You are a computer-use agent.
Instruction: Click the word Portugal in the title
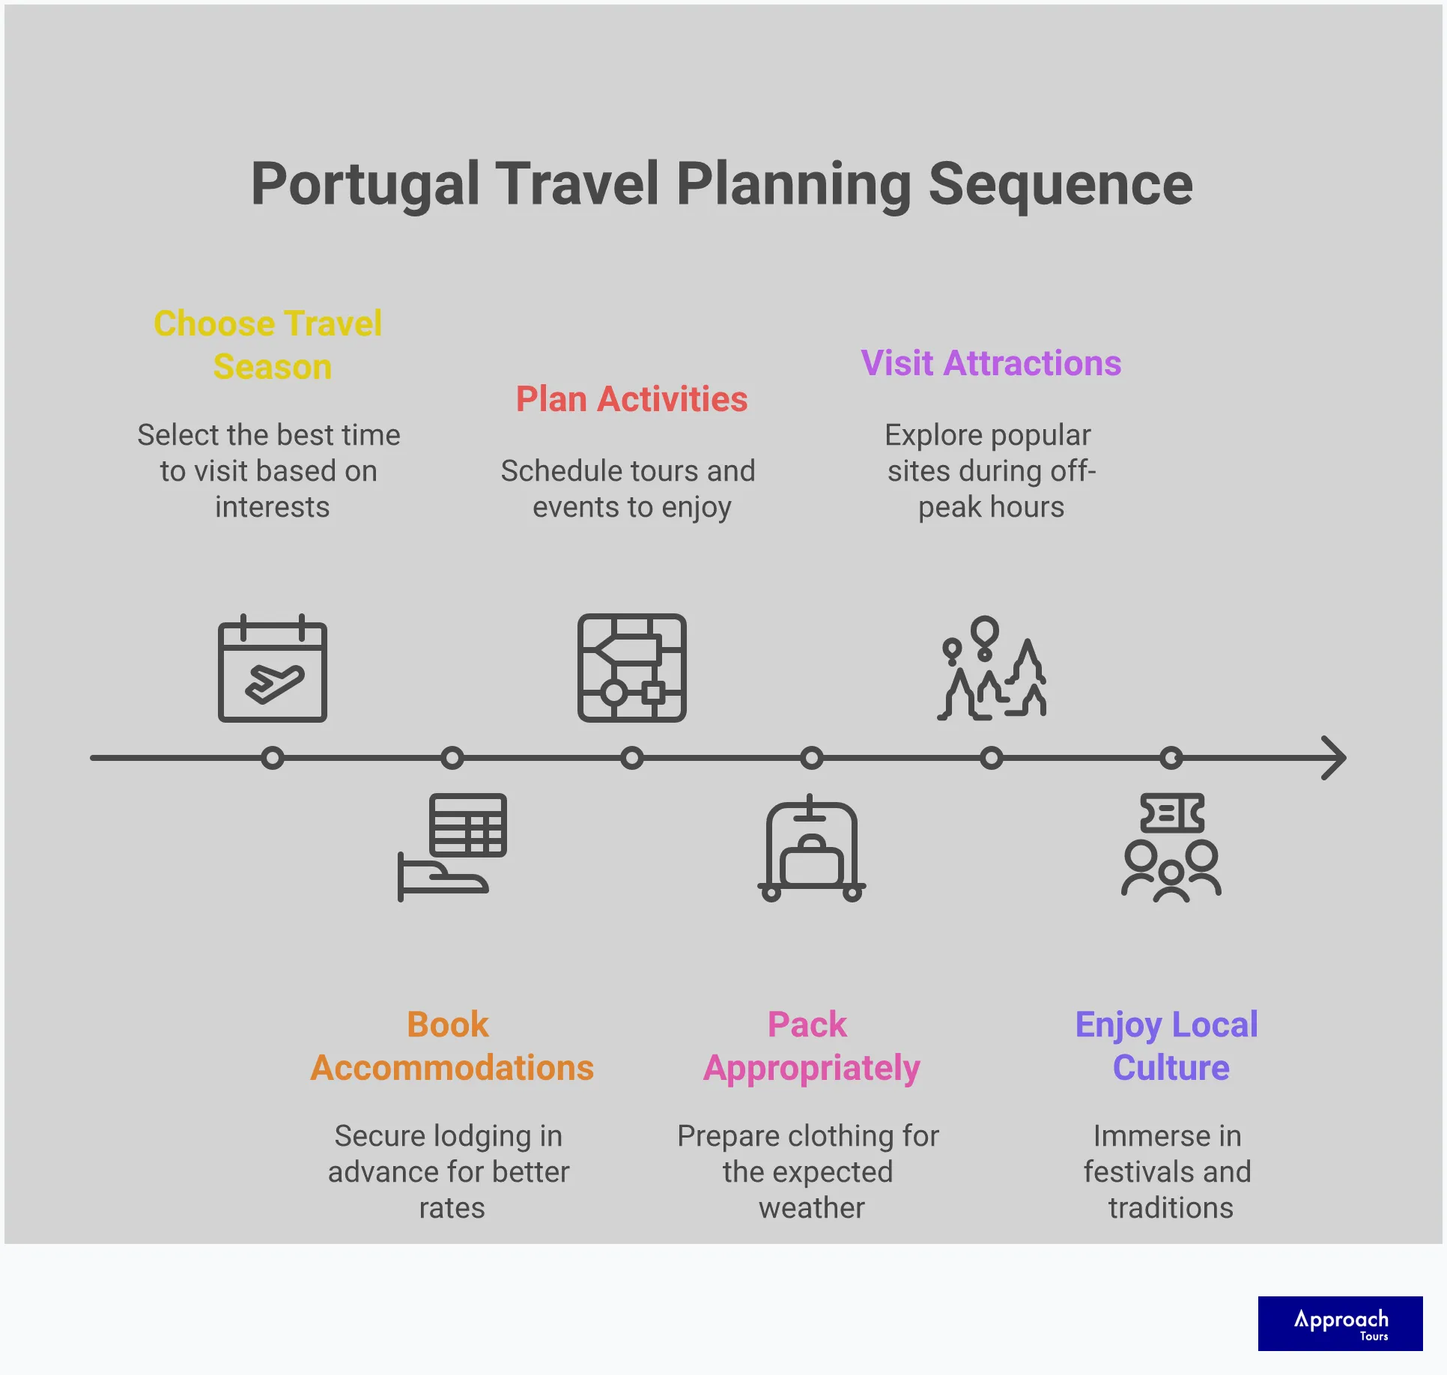point(365,184)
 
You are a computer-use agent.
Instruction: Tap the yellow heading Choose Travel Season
point(268,344)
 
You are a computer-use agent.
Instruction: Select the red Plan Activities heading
point(631,399)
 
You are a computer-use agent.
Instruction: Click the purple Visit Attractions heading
point(990,363)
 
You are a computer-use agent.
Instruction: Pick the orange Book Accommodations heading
point(452,1046)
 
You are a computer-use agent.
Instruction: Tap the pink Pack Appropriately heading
point(811,1046)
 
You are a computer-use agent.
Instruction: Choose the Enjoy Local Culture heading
point(1167,1046)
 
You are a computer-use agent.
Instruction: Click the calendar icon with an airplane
point(273,669)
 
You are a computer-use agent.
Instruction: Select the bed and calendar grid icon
point(452,846)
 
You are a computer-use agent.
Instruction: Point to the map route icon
point(631,668)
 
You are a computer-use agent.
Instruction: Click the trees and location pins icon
point(991,668)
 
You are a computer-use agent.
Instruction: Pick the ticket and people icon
point(1171,847)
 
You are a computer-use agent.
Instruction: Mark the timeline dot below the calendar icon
point(273,758)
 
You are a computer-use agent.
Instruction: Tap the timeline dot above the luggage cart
point(811,758)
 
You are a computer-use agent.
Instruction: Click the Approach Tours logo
point(1340,1323)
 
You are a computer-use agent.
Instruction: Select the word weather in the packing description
point(811,1208)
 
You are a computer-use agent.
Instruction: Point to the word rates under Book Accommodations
point(452,1208)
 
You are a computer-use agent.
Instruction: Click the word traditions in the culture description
point(1171,1208)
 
